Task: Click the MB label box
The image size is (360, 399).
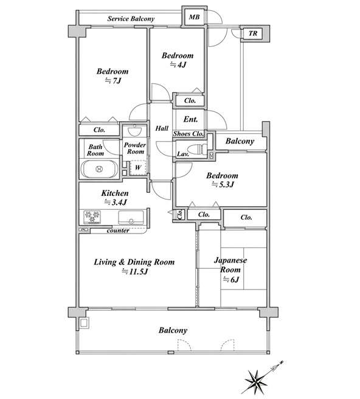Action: tap(194, 17)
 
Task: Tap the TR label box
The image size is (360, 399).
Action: tap(252, 33)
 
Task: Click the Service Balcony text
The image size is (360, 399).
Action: tap(131, 19)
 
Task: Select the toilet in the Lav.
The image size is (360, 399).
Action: tap(197, 148)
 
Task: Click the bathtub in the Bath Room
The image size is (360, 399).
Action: tap(100, 168)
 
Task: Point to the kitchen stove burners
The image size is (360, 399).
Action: tap(92, 217)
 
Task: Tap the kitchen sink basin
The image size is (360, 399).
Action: tap(131, 217)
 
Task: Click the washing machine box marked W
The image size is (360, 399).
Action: tap(137, 167)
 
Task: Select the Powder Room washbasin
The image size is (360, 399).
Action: tap(134, 131)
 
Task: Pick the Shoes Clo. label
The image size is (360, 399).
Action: tap(189, 134)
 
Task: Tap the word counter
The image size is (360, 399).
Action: tap(118, 231)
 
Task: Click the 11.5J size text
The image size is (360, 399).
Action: tap(134, 271)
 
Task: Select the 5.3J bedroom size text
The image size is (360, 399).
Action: tap(223, 184)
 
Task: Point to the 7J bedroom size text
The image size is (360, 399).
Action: tap(112, 80)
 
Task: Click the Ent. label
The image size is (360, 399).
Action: tap(190, 119)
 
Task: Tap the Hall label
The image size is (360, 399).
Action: tap(162, 128)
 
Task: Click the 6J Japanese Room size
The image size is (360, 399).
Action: tap(230, 280)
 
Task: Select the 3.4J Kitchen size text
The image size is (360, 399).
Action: tap(115, 202)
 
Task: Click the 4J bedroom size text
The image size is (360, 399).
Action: tap(178, 64)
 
